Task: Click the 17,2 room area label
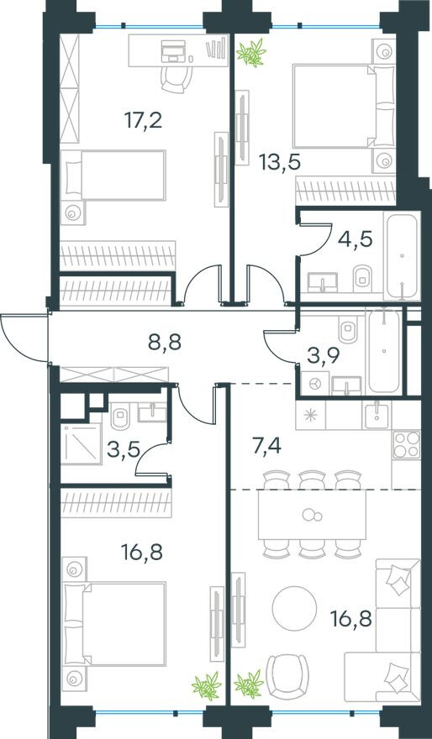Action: [144, 121]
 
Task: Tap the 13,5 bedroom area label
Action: [280, 163]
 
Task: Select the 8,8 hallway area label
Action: [164, 341]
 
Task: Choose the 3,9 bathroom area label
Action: [324, 357]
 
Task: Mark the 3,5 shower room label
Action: [124, 449]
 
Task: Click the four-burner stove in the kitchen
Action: [406, 444]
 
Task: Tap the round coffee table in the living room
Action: [294, 607]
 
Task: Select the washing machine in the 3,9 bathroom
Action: [313, 384]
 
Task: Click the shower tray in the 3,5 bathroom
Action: [82, 443]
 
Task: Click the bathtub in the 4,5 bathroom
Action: [402, 256]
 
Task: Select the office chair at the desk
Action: [176, 79]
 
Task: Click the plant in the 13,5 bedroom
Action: [251, 53]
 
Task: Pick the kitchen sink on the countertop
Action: [377, 416]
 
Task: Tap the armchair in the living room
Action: [287, 676]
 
